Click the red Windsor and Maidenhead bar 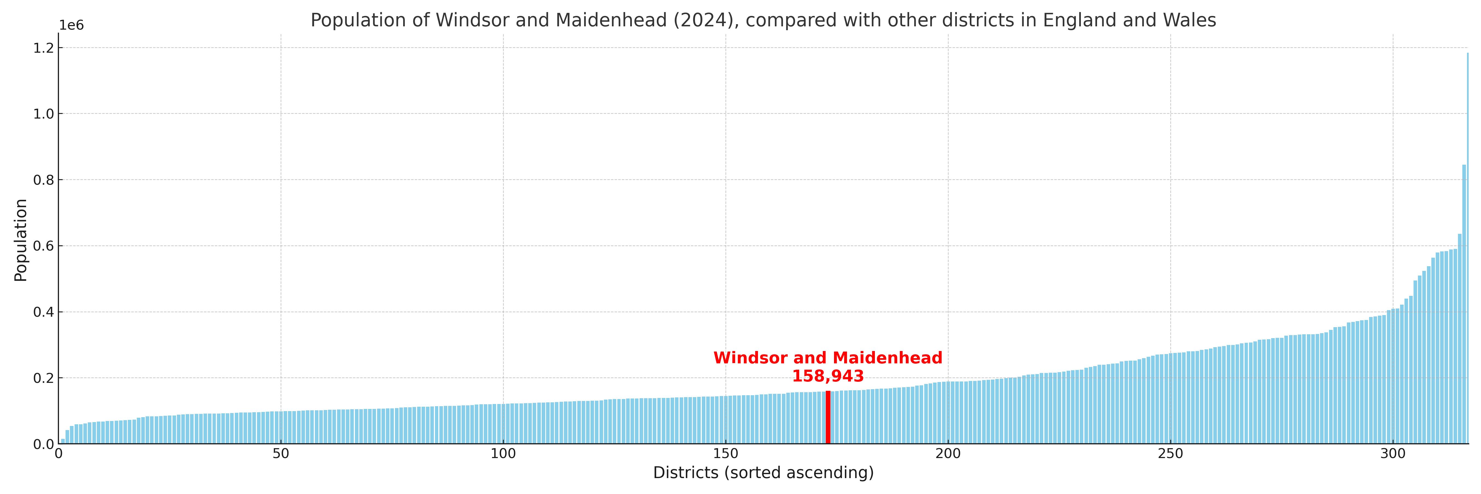[x=828, y=417]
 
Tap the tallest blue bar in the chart [x=1467, y=247]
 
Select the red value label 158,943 [x=828, y=377]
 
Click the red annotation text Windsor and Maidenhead [x=828, y=358]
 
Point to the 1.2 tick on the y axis [x=44, y=48]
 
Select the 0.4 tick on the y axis [x=44, y=312]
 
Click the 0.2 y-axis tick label [x=44, y=378]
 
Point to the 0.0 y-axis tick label [x=44, y=445]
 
